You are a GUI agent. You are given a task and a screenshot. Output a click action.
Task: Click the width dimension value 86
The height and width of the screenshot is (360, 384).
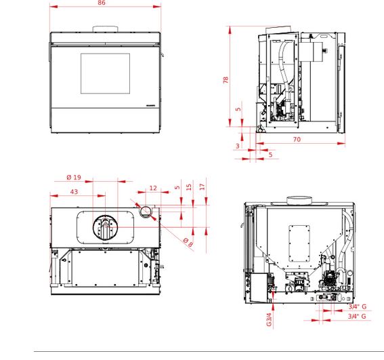pos(102,3)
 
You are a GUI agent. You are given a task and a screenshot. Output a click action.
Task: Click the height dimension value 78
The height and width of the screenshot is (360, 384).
pos(226,80)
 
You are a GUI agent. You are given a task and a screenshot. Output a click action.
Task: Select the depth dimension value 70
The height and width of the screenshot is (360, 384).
pos(297,139)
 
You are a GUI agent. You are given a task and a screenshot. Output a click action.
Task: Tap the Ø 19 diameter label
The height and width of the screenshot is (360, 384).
pos(74,178)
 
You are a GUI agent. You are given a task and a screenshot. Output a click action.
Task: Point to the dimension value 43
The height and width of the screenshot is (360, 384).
pos(74,192)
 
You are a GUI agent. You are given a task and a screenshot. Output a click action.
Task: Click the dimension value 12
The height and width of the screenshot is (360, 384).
pos(153,188)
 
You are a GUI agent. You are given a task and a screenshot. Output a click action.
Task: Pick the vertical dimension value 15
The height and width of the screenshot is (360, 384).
pos(188,187)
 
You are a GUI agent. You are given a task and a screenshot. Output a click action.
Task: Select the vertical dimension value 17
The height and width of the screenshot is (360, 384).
pos(202,187)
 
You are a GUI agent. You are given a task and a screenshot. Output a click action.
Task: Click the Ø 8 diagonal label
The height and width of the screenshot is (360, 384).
pos(188,242)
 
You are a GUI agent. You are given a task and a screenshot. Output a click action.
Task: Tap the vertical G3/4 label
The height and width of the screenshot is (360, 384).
pos(269,319)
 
